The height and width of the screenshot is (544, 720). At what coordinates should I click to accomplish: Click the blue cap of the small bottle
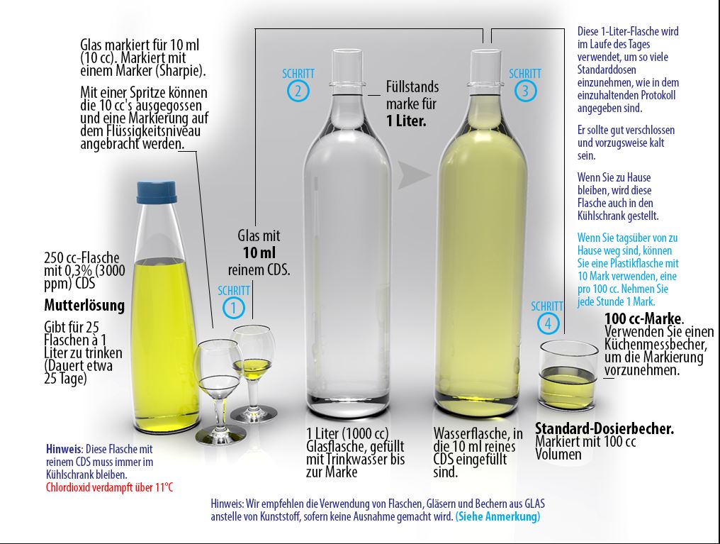click(157, 192)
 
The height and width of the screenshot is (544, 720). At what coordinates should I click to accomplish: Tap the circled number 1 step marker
click(233, 307)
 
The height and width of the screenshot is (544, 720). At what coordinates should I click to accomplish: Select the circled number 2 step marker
click(298, 91)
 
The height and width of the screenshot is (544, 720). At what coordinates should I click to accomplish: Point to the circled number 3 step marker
click(525, 91)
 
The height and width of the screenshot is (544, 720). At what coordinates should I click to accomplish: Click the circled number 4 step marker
click(547, 323)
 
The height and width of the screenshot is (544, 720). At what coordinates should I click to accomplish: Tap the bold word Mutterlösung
click(84, 305)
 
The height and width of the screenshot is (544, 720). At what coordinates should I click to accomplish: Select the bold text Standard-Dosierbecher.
click(604, 428)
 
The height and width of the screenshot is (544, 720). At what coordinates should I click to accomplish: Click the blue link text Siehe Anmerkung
click(497, 516)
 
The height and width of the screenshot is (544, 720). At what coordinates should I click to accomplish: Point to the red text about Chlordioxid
click(110, 487)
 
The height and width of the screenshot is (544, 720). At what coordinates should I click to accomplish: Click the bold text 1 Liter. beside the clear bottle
click(406, 121)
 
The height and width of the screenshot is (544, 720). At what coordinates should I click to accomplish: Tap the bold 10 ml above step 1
click(259, 252)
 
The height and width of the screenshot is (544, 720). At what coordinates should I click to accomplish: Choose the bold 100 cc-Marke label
click(643, 318)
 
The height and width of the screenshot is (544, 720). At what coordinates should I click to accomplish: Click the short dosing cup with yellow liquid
click(568, 374)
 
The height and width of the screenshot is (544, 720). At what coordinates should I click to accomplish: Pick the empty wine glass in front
click(218, 391)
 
